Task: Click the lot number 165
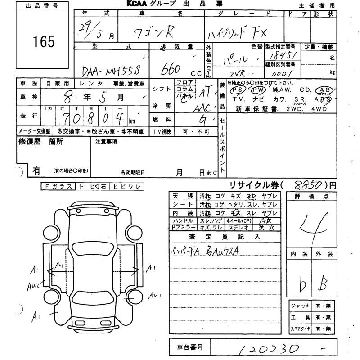[44, 41]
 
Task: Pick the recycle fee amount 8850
[307, 184]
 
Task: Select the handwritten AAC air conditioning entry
[201, 108]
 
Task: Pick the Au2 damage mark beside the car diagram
[33, 286]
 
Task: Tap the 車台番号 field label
[188, 347]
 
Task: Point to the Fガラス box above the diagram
[57, 186]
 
